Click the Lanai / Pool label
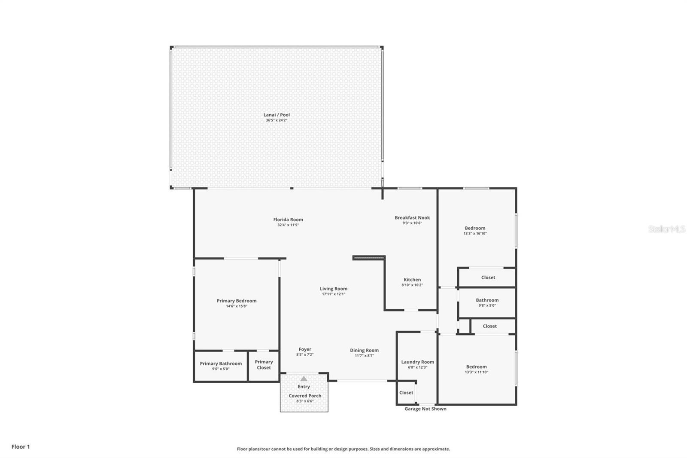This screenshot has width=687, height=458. coord(277,115)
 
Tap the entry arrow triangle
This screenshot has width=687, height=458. coord(304,379)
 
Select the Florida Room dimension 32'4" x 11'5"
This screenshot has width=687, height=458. coord(288,225)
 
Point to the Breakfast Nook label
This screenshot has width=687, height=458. coord(412,217)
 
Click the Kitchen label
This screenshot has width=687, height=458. coord(412,280)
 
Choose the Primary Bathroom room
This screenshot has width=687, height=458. coord(221,366)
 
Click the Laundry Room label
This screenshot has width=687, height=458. coord(417,362)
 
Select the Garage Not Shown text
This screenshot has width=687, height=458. coord(425,409)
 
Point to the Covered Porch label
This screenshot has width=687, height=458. coord(305,396)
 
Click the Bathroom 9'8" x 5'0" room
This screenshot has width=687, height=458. coord(487,302)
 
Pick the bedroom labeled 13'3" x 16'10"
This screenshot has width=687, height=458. coord(475,231)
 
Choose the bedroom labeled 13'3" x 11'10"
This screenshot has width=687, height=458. coord(476,369)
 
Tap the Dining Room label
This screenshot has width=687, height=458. coord(364,350)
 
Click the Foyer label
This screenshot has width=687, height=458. coord(305,349)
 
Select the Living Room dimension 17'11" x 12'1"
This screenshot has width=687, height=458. coord(333,294)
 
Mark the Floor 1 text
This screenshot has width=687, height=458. coord(21,447)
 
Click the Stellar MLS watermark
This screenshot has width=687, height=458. coord(666,229)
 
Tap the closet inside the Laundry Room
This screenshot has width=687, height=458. coord(406,393)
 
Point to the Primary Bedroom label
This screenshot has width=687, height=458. coord(237,301)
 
